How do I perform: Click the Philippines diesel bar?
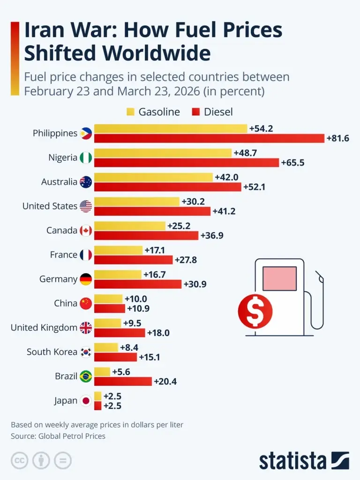[x=209, y=138]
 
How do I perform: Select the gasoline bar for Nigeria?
[x=163, y=153]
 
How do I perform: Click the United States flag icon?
[x=86, y=206]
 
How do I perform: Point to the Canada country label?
[x=61, y=230]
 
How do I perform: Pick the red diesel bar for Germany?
[x=138, y=284]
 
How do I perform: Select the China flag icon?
[x=86, y=303]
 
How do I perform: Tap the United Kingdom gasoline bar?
[x=107, y=323]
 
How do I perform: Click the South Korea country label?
[x=52, y=352]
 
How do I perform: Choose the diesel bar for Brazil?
[x=123, y=381]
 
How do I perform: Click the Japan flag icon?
[x=86, y=401]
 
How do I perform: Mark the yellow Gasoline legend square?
[x=131, y=112]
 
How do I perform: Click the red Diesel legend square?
[x=196, y=112]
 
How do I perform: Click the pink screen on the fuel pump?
[x=279, y=278]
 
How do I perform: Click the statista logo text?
[x=293, y=460]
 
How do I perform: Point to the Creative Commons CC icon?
[x=19, y=460]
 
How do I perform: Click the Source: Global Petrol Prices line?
[x=58, y=436]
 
